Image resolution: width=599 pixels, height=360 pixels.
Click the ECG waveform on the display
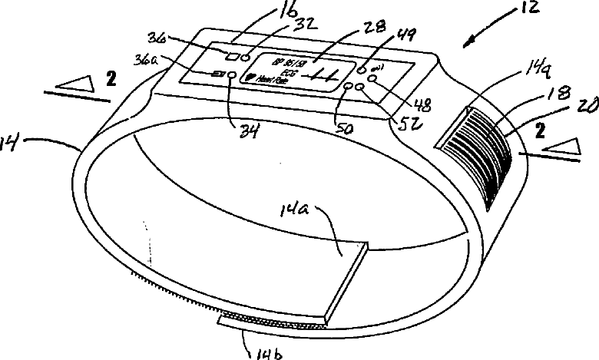(315, 76)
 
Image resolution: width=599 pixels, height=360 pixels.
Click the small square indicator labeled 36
(230, 54)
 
